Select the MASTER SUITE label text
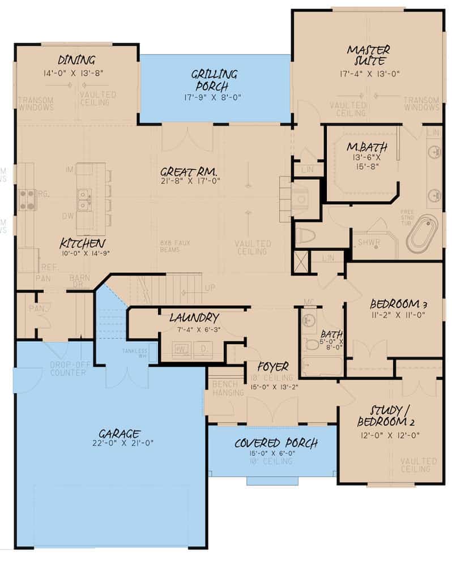click(x=367, y=55)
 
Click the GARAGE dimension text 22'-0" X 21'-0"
click(x=126, y=443)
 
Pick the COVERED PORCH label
click(x=276, y=443)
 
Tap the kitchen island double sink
click(x=84, y=199)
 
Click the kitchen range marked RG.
click(x=28, y=199)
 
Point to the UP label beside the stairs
click(x=210, y=288)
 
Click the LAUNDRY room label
click(x=194, y=318)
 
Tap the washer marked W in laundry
click(x=184, y=349)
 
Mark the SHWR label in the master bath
click(x=369, y=243)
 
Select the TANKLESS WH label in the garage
click(x=134, y=354)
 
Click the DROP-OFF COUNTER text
click(x=67, y=368)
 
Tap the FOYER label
click(x=274, y=366)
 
